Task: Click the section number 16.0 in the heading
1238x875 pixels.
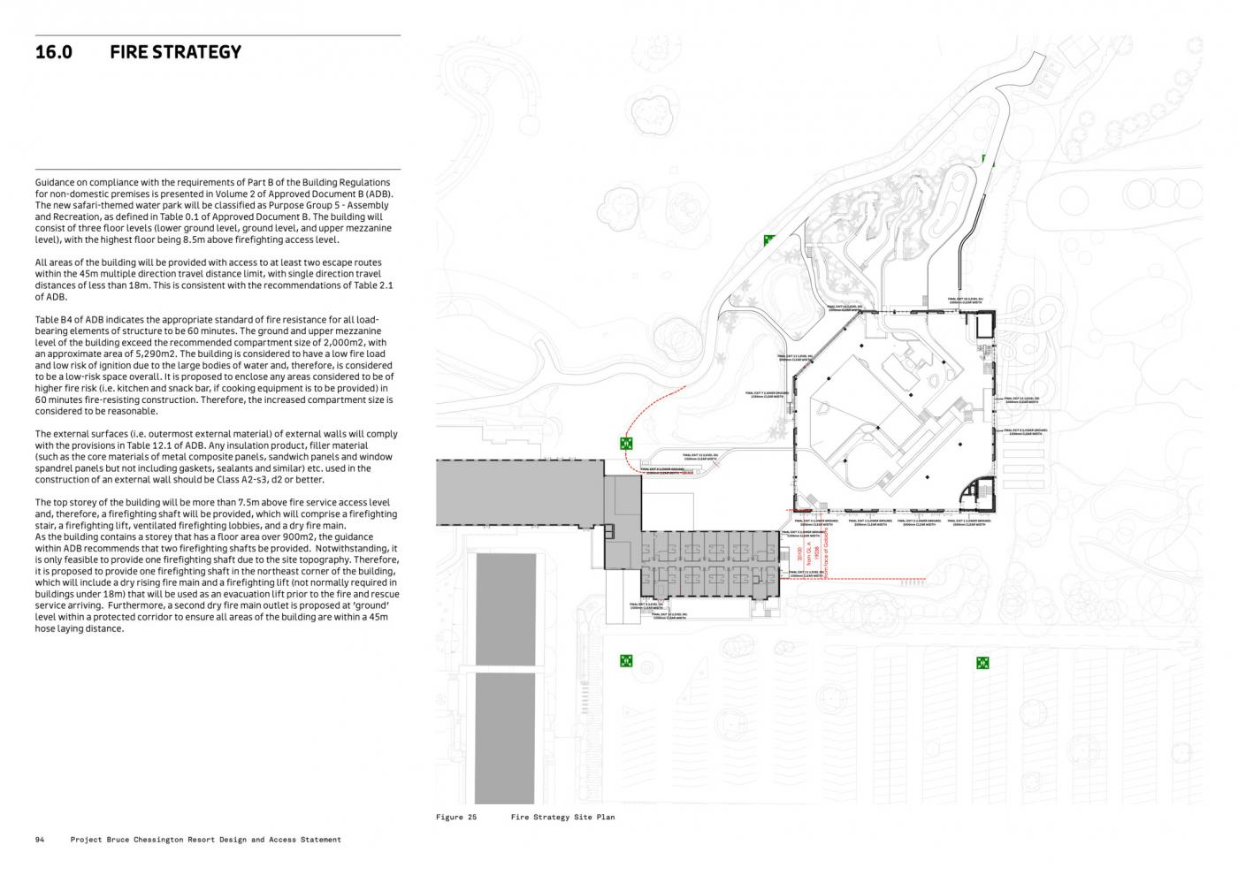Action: [53, 52]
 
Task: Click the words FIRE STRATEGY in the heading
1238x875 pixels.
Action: [175, 52]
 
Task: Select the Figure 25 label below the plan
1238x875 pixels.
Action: [456, 818]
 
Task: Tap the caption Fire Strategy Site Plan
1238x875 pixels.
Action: [562, 818]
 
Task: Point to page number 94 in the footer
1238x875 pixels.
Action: [40, 840]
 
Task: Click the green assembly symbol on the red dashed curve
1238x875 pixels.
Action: [626, 444]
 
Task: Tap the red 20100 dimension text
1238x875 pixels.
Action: [799, 554]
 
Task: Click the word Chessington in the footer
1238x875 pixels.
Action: [187, 840]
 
